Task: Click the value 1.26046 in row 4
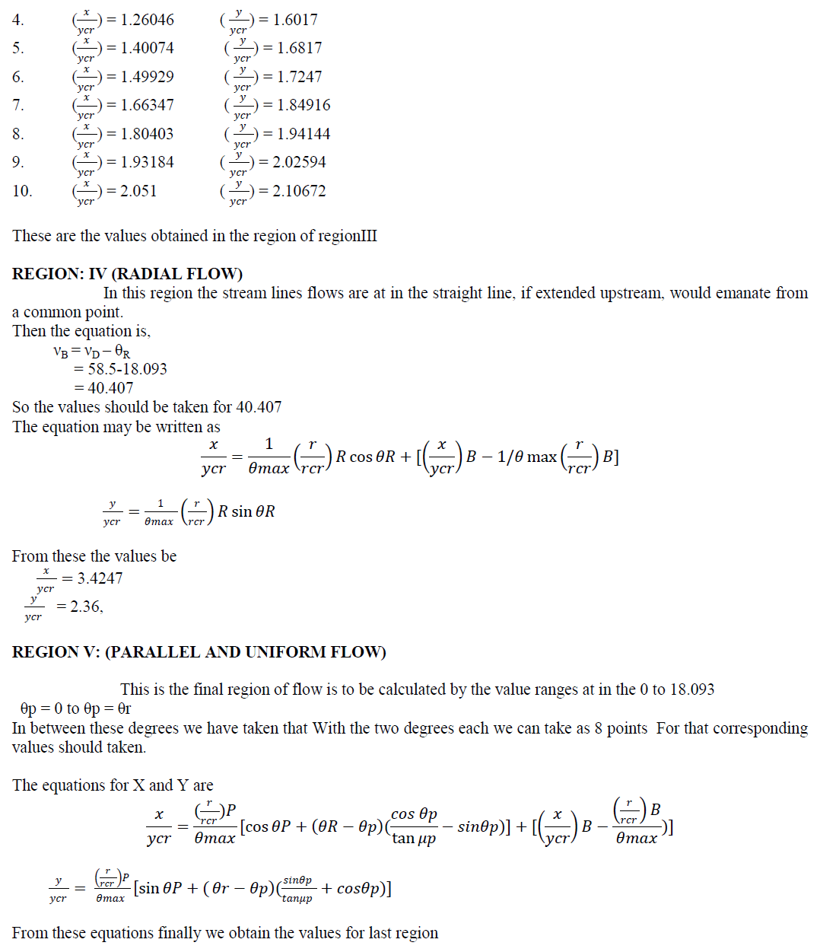tap(147, 20)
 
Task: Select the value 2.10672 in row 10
tap(299, 191)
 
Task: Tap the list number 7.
tap(18, 105)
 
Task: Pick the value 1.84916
tap(304, 105)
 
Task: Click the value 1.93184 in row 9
tap(147, 162)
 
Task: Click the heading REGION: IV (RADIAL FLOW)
tap(127, 274)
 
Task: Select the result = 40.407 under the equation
tap(103, 388)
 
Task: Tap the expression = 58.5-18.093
tap(120, 369)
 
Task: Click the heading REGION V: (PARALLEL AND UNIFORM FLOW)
tap(199, 652)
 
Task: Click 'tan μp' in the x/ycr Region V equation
tap(414, 839)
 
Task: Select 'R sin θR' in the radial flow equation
tap(246, 511)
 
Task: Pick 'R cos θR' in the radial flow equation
tap(366, 457)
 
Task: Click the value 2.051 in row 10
tap(138, 191)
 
